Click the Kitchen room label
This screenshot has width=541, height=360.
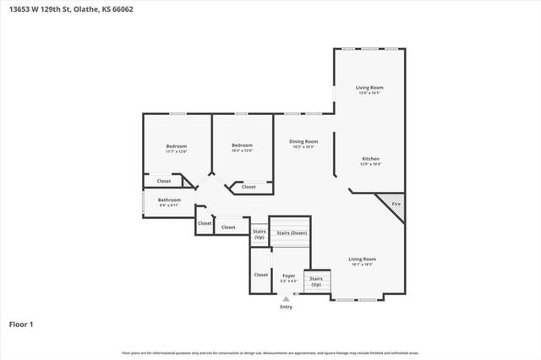tap(370, 159)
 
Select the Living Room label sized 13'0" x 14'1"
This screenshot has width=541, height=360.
tap(369, 88)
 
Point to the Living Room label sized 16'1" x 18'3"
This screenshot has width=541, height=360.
tap(363, 259)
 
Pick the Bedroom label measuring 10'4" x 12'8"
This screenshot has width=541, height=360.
tap(243, 146)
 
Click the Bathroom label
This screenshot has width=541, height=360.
tap(169, 200)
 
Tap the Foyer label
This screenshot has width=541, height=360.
tap(287, 275)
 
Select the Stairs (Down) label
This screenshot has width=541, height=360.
tap(292, 232)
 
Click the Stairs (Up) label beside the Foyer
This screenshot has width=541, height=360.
tap(316, 281)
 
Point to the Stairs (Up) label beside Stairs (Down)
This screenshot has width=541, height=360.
tap(259, 234)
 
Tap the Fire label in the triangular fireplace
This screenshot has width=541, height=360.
tap(396, 203)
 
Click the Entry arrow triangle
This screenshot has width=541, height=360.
tap(286, 298)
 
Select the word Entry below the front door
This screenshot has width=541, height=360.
tap(286, 307)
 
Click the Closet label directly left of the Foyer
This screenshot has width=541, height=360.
tap(261, 275)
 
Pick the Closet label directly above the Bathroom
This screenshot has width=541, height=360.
tap(164, 181)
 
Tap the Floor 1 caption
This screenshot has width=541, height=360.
tap(21, 324)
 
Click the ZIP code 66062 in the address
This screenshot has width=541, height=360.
tap(121, 10)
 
